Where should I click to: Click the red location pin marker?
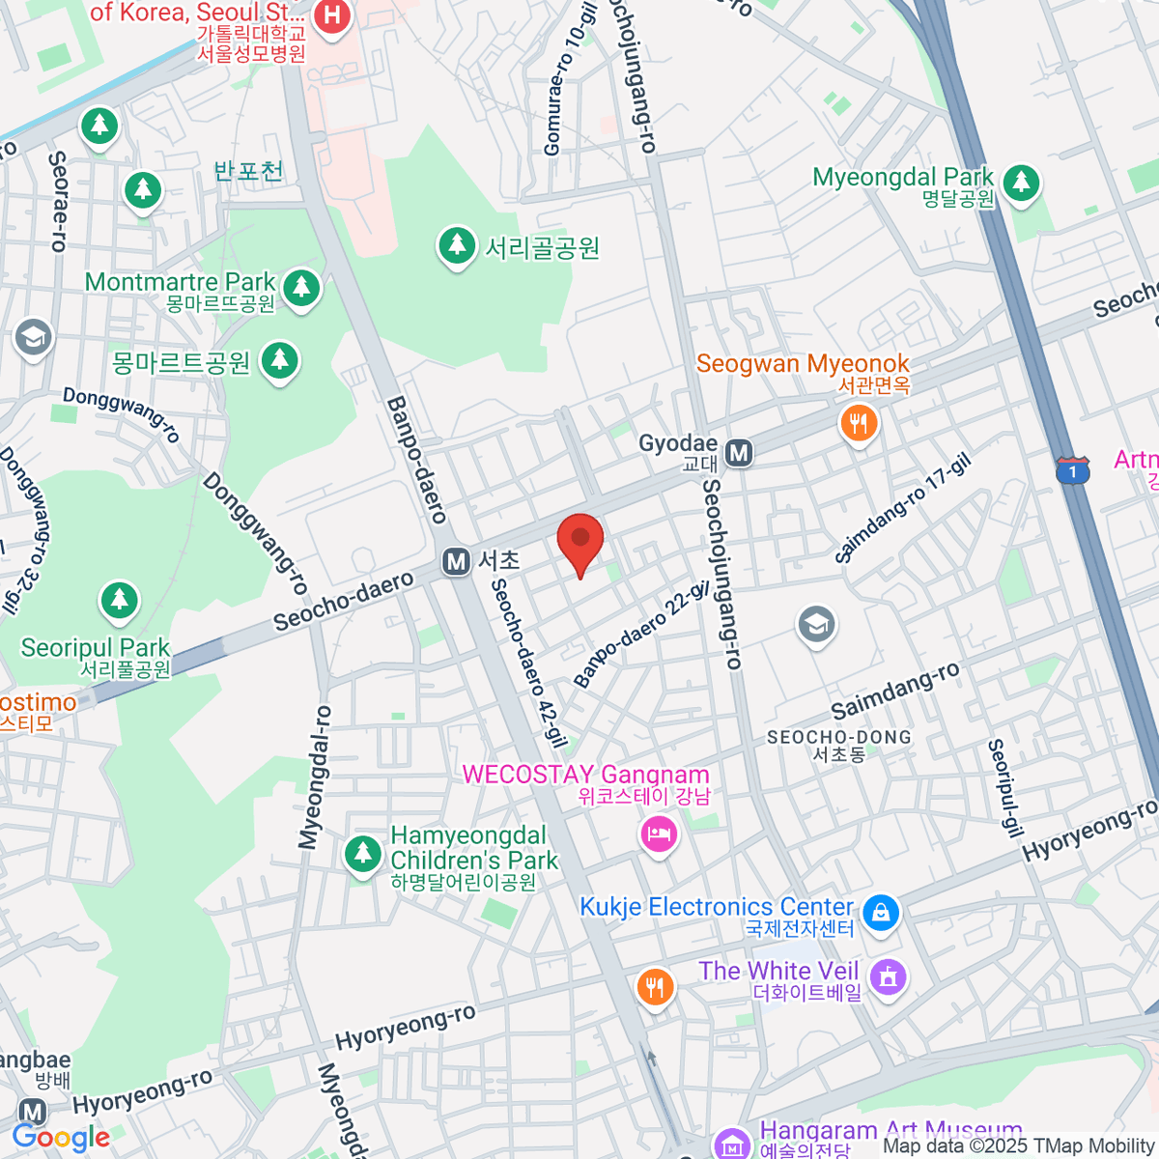click(580, 541)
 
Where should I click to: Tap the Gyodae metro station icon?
click(739, 453)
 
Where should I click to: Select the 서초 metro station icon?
click(456, 561)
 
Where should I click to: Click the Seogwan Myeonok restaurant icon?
click(858, 423)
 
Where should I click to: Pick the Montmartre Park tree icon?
click(301, 287)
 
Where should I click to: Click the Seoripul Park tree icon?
click(120, 601)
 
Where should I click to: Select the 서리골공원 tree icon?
click(456, 245)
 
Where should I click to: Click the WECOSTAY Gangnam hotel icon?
click(659, 833)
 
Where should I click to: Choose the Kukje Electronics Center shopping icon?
click(880, 912)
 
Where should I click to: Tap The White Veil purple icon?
click(888, 976)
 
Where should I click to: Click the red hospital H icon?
click(332, 16)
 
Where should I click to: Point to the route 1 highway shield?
click(1072, 470)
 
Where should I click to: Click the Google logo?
click(62, 1138)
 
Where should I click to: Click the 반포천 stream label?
click(248, 172)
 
